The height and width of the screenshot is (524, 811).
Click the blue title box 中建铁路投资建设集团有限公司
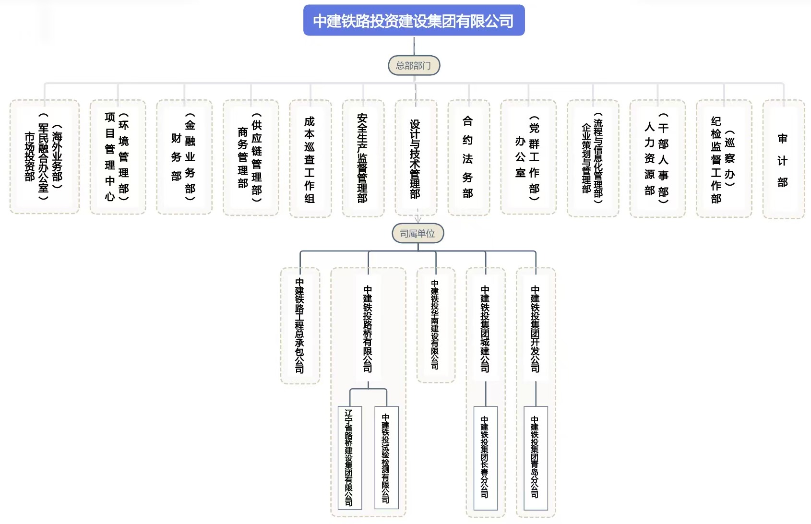[x=414, y=21]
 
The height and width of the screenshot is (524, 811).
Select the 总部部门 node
[x=414, y=65]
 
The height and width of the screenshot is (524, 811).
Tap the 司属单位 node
[x=417, y=234]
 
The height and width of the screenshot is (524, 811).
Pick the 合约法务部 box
[x=468, y=157]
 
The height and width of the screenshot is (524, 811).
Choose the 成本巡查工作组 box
[x=310, y=159]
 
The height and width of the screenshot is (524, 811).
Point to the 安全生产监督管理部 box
[x=363, y=158]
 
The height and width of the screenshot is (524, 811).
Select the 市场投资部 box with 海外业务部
[x=44, y=157]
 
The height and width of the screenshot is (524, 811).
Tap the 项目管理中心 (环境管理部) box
[x=117, y=157]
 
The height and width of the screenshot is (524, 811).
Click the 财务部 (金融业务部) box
[x=184, y=157]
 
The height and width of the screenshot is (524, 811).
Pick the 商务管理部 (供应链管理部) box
[x=250, y=157]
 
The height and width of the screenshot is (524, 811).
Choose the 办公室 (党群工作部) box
[x=528, y=157]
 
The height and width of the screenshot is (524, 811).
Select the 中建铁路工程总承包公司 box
[x=300, y=325]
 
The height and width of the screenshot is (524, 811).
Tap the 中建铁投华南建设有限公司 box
[x=435, y=324]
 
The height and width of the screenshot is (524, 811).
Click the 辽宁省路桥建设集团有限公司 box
[x=349, y=457]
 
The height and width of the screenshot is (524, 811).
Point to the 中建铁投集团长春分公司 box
[x=485, y=457]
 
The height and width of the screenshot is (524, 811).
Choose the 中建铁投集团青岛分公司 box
[x=535, y=457]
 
